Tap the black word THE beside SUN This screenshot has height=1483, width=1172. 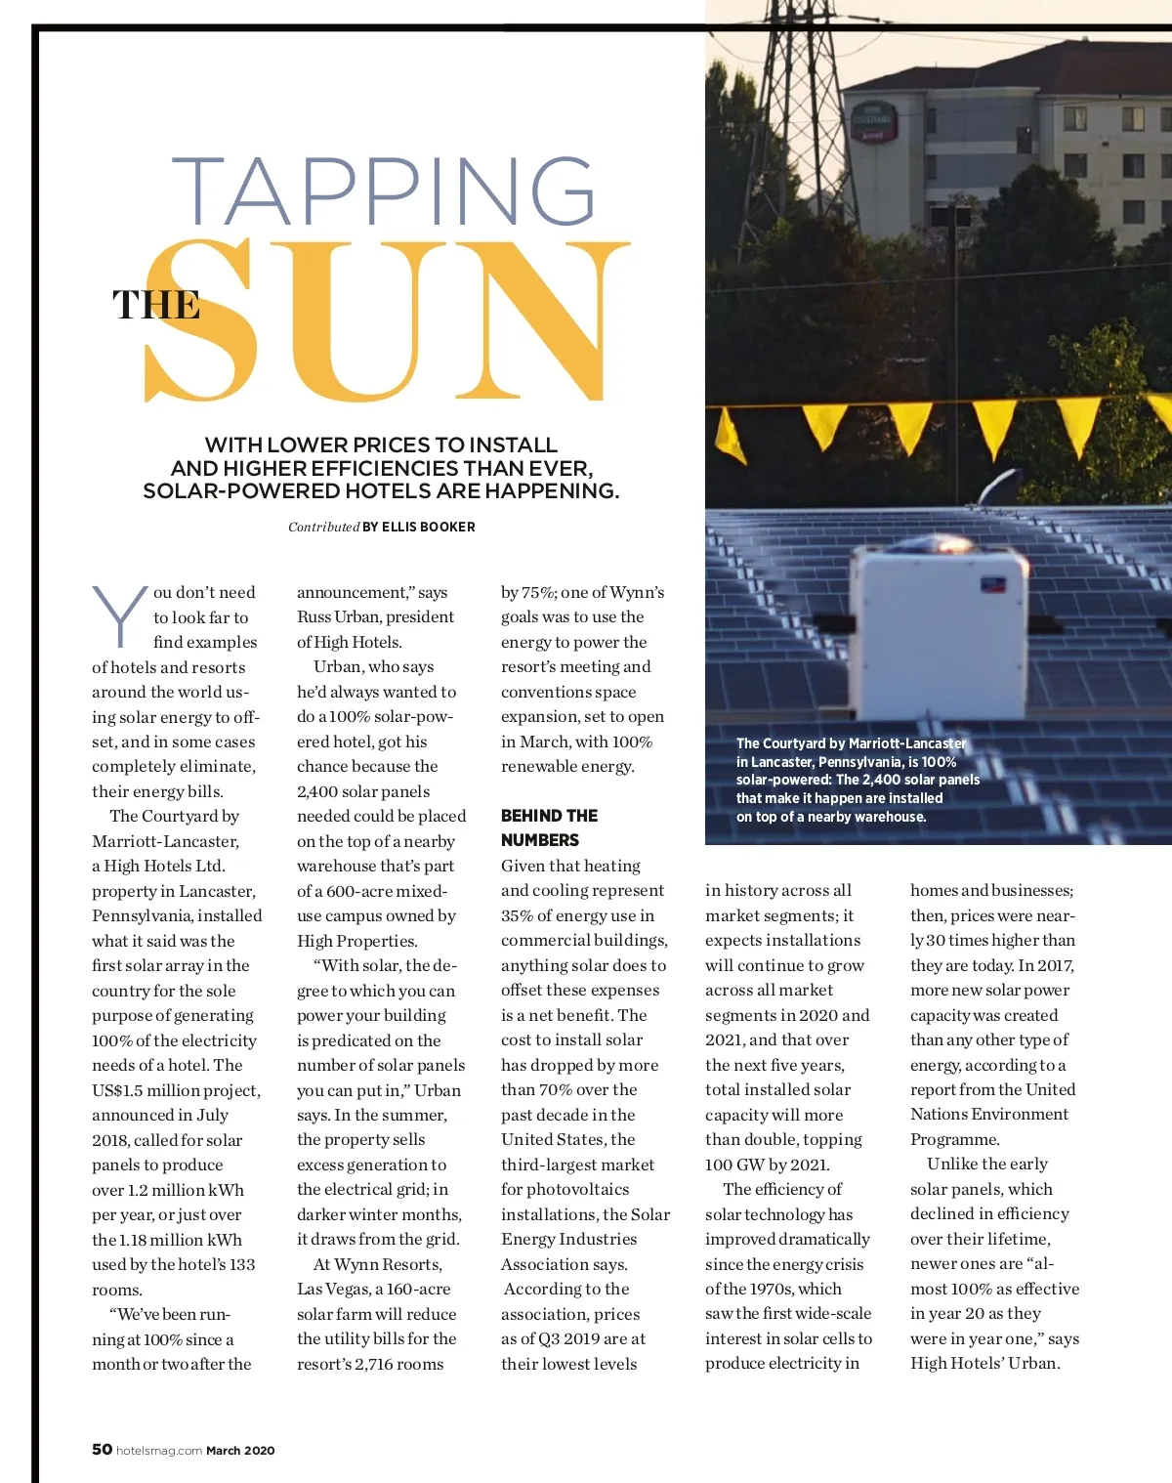[156, 305]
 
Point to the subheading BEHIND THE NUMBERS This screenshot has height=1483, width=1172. [549, 827]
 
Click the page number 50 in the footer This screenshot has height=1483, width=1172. [102, 1449]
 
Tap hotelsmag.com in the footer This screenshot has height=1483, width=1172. [159, 1451]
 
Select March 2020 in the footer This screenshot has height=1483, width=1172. [240, 1451]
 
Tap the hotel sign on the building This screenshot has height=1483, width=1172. [871, 121]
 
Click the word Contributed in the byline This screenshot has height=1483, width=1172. [323, 527]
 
